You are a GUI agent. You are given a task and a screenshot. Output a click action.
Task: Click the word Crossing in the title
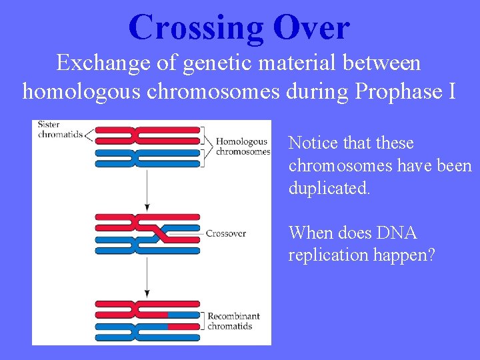coord(196,28)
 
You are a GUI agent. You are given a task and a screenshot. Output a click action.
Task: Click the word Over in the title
coord(311,28)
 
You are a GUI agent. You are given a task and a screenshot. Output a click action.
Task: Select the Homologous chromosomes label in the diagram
coord(241,146)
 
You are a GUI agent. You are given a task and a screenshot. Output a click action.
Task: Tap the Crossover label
coord(225,233)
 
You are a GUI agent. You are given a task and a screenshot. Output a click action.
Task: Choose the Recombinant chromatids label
coord(233,321)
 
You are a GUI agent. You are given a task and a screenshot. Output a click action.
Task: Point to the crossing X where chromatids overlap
coord(158,233)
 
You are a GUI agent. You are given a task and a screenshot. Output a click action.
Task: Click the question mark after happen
coord(431,255)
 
